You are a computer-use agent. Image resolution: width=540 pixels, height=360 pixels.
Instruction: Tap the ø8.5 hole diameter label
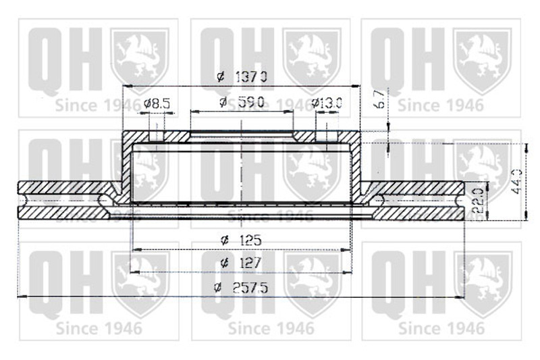pyautogui.click(x=157, y=103)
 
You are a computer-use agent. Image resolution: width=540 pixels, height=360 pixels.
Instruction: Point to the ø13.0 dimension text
pyautogui.click(x=327, y=103)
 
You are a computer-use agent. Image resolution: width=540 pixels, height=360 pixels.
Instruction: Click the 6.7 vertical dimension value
pyautogui.click(x=380, y=99)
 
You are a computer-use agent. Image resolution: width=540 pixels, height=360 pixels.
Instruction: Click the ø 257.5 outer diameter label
pyautogui.click(x=241, y=287)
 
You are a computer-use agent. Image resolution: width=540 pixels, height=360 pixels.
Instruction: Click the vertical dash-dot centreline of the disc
pyautogui.click(x=241, y=169)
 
